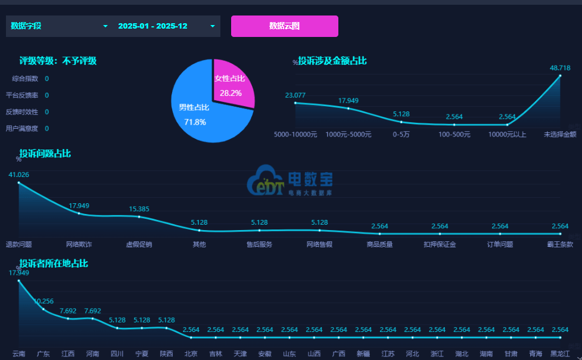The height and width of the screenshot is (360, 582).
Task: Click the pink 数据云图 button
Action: coord(284,26)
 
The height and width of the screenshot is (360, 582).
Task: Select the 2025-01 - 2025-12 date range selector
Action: coord(166,26)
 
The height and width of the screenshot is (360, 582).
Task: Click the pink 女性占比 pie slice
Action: coord(233,83)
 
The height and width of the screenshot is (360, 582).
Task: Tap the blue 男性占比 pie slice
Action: coord(197,113)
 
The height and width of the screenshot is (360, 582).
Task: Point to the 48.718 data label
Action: coord(560,67)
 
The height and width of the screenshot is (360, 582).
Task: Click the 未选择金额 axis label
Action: coord(560,135)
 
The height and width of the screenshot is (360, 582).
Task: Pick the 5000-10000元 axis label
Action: coord(295,135)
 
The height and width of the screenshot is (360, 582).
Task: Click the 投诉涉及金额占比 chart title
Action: coord(332,61)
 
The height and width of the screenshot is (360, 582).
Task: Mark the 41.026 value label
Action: coord(18,175)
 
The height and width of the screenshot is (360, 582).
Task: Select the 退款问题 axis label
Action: coord(18,244)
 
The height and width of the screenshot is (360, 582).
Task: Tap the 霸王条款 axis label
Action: coord(560,244)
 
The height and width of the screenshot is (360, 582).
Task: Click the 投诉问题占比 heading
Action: coord(45,154)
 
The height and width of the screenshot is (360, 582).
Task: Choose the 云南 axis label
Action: coord(18,354)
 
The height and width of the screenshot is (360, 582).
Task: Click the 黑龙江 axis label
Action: coord(560,354)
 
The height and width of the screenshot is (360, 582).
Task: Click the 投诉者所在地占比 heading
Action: coord(54,263)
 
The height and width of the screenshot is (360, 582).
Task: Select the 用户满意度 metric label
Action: coord(21,129)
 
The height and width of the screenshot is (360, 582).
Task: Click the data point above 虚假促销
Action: coord(139,216)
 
